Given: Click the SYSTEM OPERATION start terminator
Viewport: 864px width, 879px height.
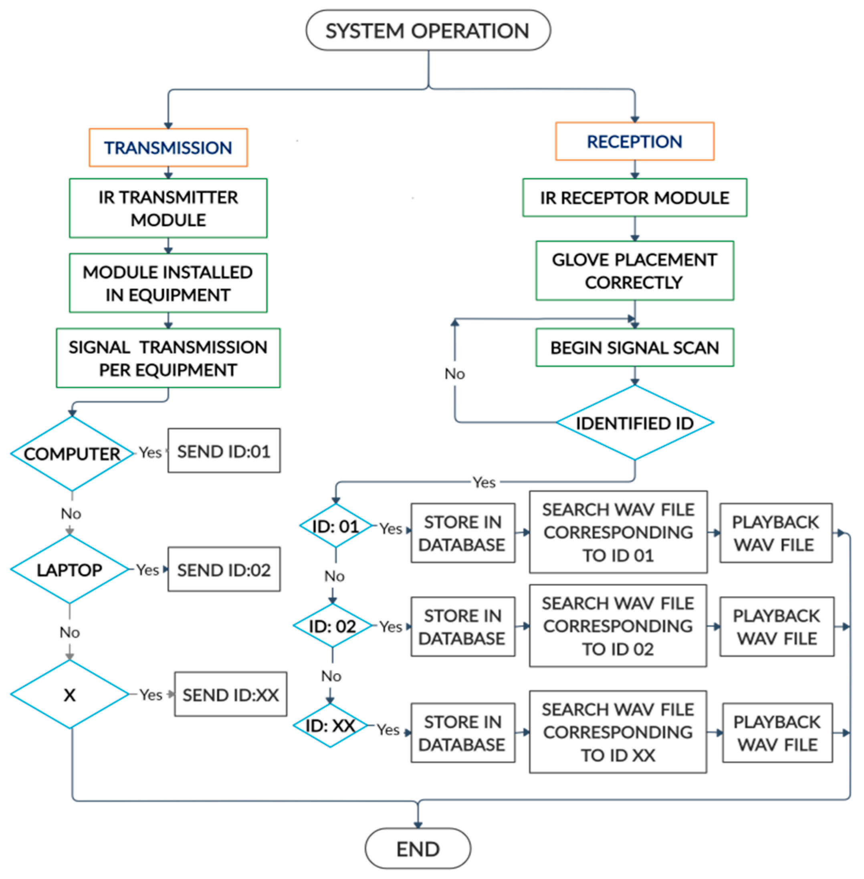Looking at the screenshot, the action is coord(428,30).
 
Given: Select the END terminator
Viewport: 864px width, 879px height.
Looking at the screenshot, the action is coord(418,848).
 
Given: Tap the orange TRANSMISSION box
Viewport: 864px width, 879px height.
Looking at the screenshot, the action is coord(168,147).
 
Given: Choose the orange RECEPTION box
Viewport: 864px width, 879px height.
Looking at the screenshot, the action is coord(635,141).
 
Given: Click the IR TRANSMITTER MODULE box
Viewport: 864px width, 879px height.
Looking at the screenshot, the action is coord(168,208).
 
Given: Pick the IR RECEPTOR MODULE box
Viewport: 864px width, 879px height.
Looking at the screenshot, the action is coord(635,197).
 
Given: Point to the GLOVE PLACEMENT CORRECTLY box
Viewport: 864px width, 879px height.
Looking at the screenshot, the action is coord(635,270).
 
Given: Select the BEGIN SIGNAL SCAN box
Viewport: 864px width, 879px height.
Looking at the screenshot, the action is coord(635,348).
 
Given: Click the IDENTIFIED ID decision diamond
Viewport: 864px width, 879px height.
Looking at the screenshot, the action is coord(635,422).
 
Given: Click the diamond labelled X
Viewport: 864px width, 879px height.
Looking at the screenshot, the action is coord(69,694).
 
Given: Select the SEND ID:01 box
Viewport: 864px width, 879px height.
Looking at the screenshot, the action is coord(224,451).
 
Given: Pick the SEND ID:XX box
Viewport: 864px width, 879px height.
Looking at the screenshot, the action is coord(230,694).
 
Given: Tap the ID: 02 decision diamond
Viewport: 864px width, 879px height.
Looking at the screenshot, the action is coord(333,626).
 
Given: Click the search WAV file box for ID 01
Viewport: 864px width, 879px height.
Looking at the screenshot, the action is coord(618,532).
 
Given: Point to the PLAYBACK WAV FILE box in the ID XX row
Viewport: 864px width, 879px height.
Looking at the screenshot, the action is coord(777,732).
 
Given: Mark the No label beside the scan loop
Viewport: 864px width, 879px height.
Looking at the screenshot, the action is coord(455,373).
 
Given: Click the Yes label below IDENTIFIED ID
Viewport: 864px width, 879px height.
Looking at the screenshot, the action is coord(484,482).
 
